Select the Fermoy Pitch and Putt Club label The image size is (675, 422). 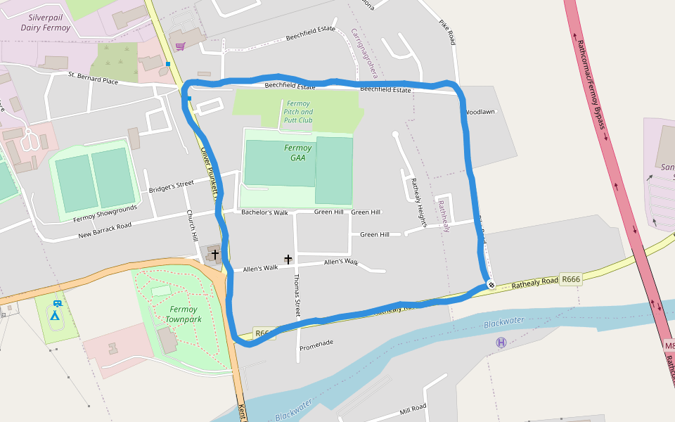(x=298, y=112)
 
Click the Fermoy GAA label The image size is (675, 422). (x=298, y=153)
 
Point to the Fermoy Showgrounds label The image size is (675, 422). (x=106, y=214)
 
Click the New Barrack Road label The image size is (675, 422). (x=105, y=230)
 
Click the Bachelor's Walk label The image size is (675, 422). (x=264, y=212)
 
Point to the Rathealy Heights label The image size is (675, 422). (x=419, y=202)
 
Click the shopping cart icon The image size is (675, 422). (x=181, y=46)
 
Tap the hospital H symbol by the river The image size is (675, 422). (x=501, y=343)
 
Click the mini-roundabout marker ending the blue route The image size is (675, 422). (x=491, y=284)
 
